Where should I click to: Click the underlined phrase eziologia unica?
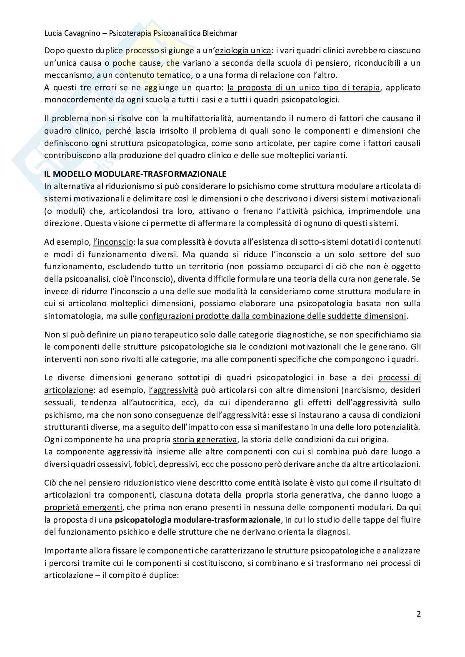[243, 51]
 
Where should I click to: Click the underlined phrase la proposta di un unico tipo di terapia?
[303, 88]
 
